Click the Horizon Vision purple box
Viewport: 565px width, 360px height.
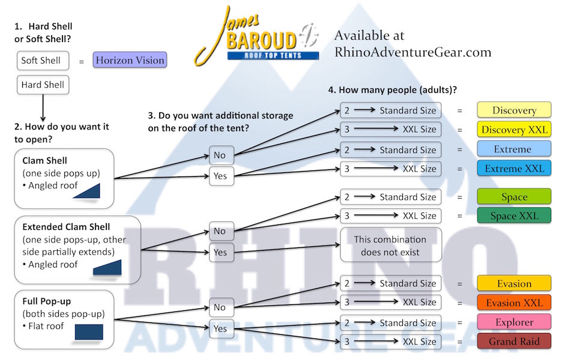pyautogui.click(x=129, y=60)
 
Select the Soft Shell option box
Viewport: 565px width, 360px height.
pyautogui.click(x=41, y=61)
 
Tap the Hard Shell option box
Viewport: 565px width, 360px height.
pyautogui.click(x=43, y=85)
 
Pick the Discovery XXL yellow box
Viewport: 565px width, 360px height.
pyautogui.click(x=514, y=130)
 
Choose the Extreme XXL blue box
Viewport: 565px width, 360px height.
pyautogui.click(x=514, y=169)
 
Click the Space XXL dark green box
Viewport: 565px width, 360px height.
pyautogui.click(x=514, y=216)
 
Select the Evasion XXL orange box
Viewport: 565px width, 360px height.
pyautogui.click(x=514, y=303)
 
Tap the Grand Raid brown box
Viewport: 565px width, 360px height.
pyautogui.click(x=514, y=342)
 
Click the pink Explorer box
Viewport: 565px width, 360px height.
pyautogui.click(x=514, y=322)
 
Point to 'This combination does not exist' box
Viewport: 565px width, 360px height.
pyautogui.click(x=390, y=245)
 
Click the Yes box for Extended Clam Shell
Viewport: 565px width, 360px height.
pyautogui.click(x=220, y=253)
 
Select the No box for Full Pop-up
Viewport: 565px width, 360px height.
pyautogui.click(x=220, y=307)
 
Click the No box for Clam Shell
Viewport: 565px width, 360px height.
pyautogui.click(x=220, y=155)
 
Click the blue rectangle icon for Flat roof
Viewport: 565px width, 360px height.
pyautogui.click(x=89, y=332)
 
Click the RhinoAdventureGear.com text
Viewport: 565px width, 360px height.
pyautogui.click(x=412, y=52)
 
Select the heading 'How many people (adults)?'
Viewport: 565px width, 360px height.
pyautogui.click(x=393, y=90)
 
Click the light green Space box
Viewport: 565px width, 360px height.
pyautogui.click(x=514, y=197)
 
